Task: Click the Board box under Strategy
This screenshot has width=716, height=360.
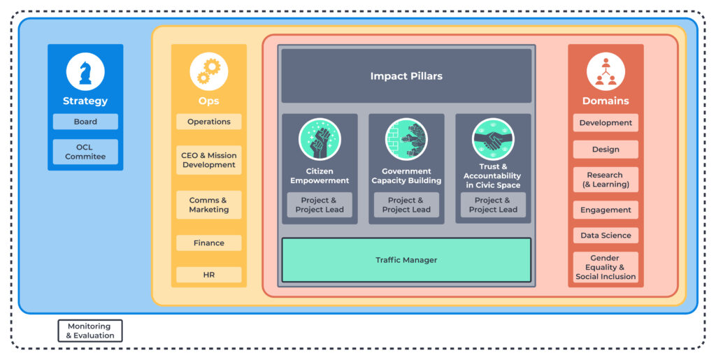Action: point(85,122)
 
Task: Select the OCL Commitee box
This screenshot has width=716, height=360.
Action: point(85,152)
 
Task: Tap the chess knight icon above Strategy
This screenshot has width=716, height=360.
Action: point(85,71)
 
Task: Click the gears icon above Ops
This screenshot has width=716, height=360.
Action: point(208,71)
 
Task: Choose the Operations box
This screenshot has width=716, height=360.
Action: point(208,122)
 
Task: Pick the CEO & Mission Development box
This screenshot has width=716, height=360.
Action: point(208,160)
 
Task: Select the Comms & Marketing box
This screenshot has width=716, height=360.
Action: point(208,205)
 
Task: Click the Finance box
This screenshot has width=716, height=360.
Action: point(208,243)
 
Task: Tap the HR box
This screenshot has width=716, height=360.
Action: point(208,275)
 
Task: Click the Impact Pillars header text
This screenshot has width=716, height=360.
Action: point(406,76)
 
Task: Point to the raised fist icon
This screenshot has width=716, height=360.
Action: point(320,139)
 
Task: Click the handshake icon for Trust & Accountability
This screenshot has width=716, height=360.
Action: point(493,139)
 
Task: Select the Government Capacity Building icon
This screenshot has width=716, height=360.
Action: point(406,139)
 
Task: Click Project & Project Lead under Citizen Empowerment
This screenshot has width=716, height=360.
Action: point(320,205)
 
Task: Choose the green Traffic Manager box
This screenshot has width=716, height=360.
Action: point(406,260)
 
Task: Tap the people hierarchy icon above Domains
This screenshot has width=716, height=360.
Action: point(606,71)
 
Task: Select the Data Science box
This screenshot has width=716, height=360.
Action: point(606,236)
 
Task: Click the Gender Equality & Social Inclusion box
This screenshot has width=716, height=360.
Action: point(606,267)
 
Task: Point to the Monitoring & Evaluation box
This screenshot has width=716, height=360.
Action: point(90,331)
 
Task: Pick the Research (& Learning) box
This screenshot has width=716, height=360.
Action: point(606,180)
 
